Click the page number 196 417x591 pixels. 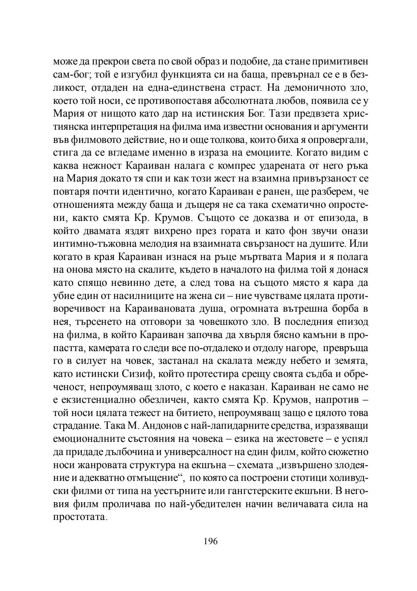pyautogui.click(x=210, y=542)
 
